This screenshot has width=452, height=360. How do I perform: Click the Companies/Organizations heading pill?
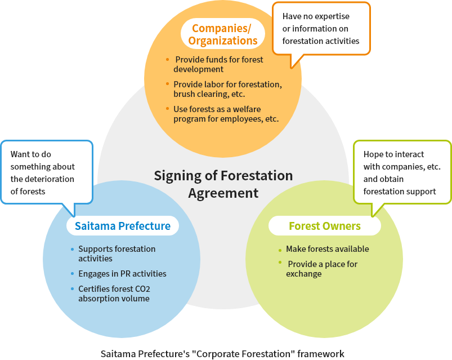223,34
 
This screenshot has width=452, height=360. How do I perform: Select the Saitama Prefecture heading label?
123,226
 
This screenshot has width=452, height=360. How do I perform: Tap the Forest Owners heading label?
324,226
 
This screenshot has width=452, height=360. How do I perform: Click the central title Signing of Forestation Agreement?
223,184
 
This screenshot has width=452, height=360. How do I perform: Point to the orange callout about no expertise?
321,29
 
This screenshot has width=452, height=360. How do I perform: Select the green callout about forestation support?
401,172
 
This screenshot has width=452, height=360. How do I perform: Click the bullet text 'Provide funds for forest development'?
218,64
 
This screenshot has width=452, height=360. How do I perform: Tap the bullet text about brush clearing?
227,89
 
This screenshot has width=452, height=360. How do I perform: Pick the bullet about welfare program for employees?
226,114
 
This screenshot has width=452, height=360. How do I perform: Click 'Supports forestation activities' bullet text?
117,254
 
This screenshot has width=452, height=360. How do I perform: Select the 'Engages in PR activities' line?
122,274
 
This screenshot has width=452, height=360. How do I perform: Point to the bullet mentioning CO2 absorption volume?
114,294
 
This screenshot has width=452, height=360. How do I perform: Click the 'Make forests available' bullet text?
327,249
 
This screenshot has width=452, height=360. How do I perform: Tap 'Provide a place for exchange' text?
321,269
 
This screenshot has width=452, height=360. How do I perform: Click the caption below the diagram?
222,354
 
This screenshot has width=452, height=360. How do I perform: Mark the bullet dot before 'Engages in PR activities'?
72,274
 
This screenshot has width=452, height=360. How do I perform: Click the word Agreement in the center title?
223,193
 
